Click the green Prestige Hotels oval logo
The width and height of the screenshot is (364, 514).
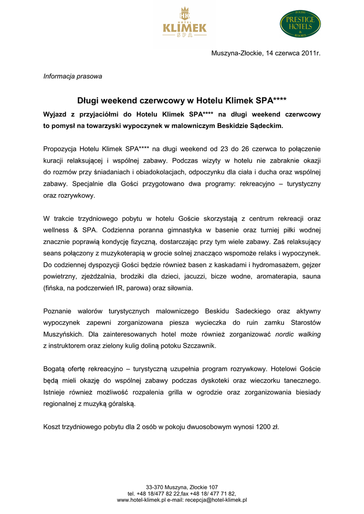tap(300, 24)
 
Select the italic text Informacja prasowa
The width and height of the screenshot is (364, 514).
tap(73, 76)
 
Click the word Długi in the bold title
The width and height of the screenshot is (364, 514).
tap(88, 100)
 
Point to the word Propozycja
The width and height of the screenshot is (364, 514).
tap(59, 149)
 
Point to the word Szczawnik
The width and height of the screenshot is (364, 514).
tap(201, 345)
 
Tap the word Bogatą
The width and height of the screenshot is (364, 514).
tap(55, 369)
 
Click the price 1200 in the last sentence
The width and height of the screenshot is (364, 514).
tap(261, 427)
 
